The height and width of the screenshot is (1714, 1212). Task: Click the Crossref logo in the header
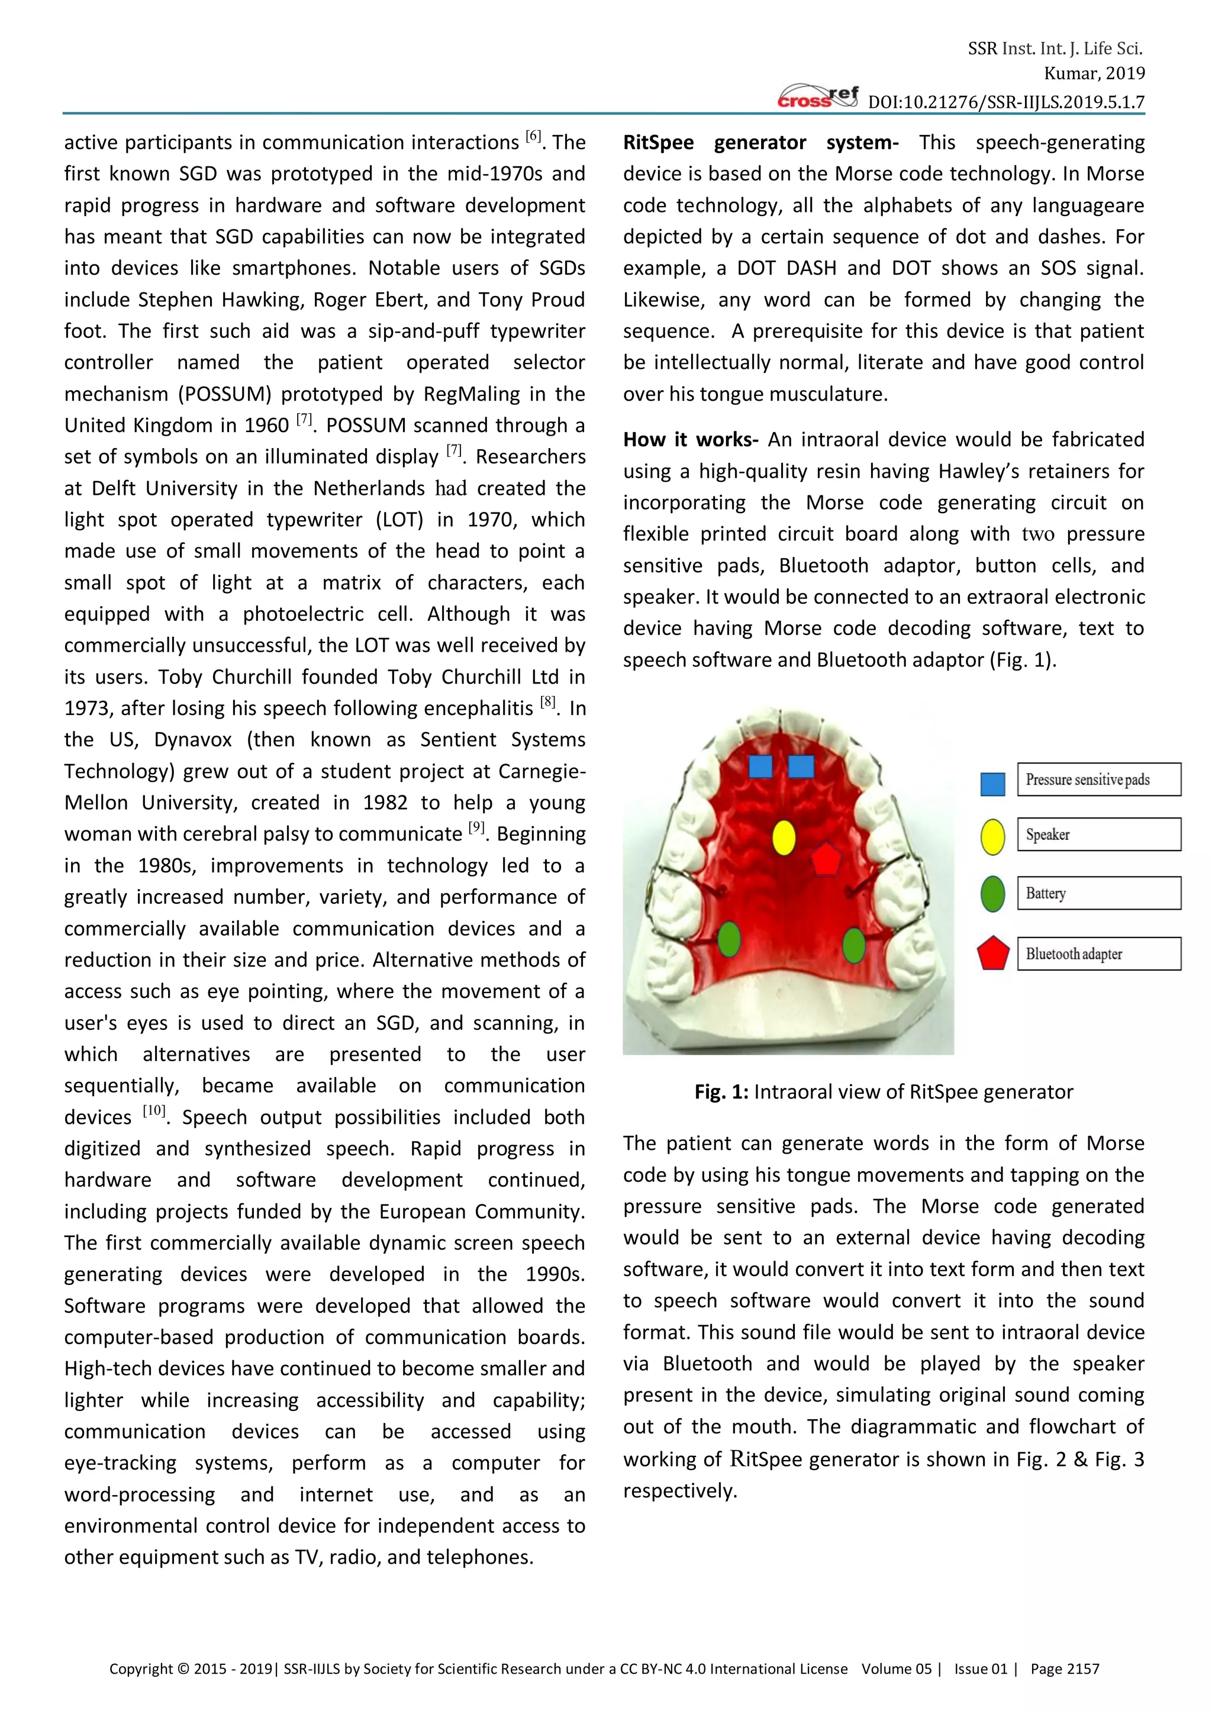817,97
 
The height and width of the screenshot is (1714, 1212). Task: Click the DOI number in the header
1005,102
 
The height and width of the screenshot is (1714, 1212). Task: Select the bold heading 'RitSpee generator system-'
760,143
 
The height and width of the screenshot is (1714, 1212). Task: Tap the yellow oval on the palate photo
783,837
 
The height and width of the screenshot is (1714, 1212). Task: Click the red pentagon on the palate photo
826,859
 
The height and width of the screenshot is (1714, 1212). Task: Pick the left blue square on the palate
760,766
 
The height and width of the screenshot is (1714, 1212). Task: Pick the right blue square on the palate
801,766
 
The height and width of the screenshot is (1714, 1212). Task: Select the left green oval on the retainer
729,939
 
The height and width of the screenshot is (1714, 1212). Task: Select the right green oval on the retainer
853,945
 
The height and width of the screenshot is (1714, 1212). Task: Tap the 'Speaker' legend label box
1098,835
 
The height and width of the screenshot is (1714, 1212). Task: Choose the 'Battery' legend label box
1098,894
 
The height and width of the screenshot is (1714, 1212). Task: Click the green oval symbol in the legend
992,894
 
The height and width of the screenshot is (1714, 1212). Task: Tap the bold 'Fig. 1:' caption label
721,1092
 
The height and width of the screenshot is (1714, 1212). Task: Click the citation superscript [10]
154,1111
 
